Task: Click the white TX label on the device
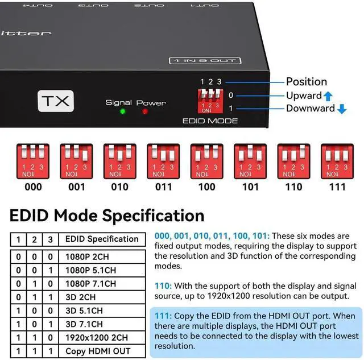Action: pos(56,101)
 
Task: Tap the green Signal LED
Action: pos(122,111)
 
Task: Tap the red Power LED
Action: pos(146,111)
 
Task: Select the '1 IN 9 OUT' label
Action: pos(205,60)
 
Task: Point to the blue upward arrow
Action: pos(328,96)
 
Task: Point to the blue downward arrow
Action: pos(341,109)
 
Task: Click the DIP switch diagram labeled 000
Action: pos(33,161)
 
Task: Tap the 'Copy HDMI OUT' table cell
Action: pos(98,351)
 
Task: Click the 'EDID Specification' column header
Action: pos(102,239)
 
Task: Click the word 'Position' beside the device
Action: pos(306,82)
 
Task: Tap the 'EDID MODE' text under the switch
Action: pos(210,121)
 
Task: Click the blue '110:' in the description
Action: pos(163,286)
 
